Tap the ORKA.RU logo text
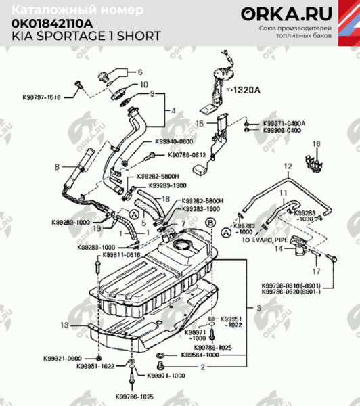[294, 14]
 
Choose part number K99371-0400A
[284, 123]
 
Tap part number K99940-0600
[173, 141]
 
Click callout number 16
[315, 143]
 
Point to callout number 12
[286, 166]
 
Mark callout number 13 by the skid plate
[64, 325]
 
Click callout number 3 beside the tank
[258, 307]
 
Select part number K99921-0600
[66, 357]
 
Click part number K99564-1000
[200, 355]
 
